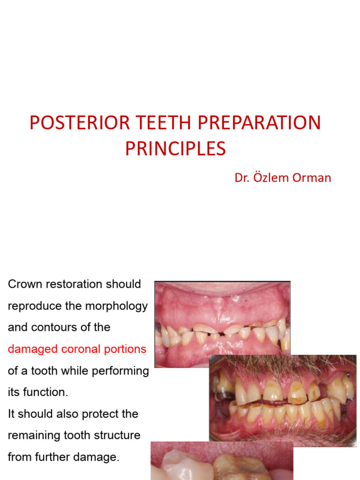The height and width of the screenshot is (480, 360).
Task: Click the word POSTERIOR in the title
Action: (x=72, y=123)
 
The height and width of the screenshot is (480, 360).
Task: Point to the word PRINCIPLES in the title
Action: (x=175, y=149)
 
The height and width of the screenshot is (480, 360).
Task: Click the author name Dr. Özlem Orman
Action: (x=283, y=178)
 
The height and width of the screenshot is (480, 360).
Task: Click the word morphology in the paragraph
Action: (x=117, y=306)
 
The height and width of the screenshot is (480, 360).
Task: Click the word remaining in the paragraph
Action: (x=31, y=435)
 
